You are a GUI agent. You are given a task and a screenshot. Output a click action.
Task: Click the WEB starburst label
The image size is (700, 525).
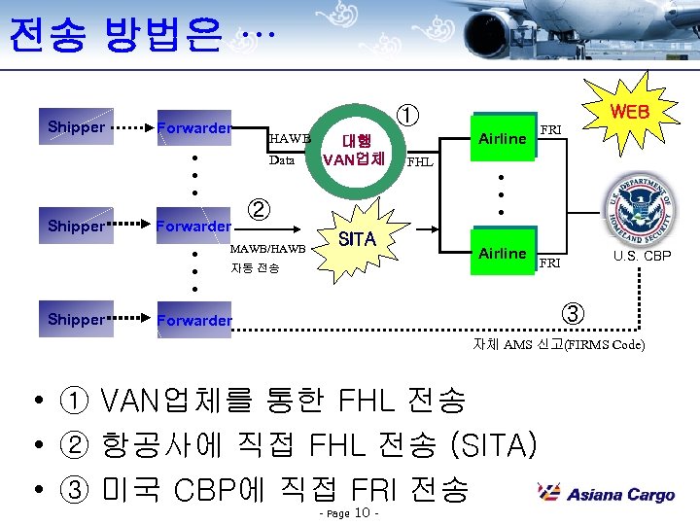coord(629,113)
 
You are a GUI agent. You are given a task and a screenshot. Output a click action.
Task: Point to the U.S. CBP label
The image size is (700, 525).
coord(642,257)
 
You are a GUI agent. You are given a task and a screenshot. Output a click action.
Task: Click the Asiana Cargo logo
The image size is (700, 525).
coord(607,494)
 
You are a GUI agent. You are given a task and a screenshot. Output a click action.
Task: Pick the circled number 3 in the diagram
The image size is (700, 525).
coord(574,314)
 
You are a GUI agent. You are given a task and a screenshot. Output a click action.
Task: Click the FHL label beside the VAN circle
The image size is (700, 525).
coord(420,162)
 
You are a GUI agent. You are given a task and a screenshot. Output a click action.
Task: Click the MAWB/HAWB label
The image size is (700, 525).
coord(267,250)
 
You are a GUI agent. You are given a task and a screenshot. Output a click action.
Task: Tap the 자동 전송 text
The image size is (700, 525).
coord(255,268)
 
